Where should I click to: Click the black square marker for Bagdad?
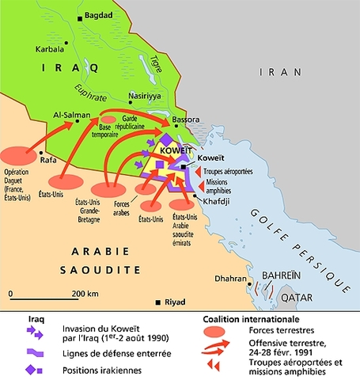79,17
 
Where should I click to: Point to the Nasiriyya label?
144,93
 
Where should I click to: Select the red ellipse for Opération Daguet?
21,154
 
